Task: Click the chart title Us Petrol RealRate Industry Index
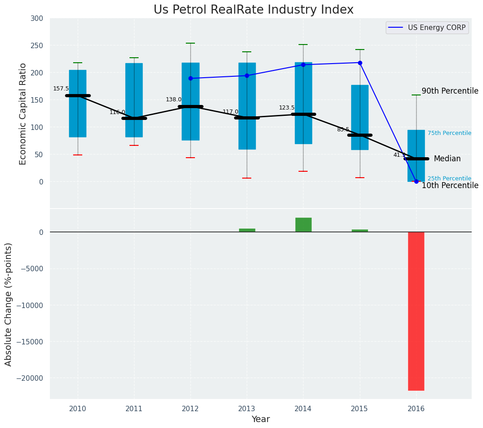point(253,10)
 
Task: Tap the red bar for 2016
point(416,311)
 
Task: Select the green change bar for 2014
point(303,225)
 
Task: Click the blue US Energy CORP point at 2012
point(190,79)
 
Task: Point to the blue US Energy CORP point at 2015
point(360,63)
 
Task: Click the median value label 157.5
point(61,89)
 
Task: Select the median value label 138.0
point(174,100)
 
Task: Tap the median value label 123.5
point(287,108)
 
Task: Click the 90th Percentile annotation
point(450,91)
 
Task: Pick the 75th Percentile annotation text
point(449,133)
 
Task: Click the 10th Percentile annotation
point(450,185)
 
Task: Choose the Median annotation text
point(447,159)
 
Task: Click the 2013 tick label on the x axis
point(247,408)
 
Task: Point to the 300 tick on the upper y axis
point(36,19)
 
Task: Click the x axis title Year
point(260,419)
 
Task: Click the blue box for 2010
point(78,104)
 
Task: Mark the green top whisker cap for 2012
point(190,43)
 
